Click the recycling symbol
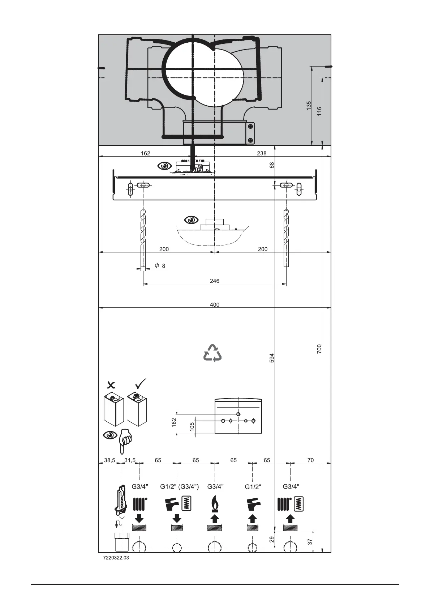point(212,353)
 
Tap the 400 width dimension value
point(215,304)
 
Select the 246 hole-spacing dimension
point(215,281)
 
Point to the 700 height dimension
point(319,349)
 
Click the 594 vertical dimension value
point(272,358)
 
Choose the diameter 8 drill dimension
point(160,266)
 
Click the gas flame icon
point(215,504)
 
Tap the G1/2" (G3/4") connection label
point(180,487)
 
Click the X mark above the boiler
point(112,384)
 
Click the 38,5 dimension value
point(109,460)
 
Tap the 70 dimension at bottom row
point(310,460)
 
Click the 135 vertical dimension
point(309,105)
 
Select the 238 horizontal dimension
point(262,153)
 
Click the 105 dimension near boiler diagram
point(192,426)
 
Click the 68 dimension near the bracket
point(272,165)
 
